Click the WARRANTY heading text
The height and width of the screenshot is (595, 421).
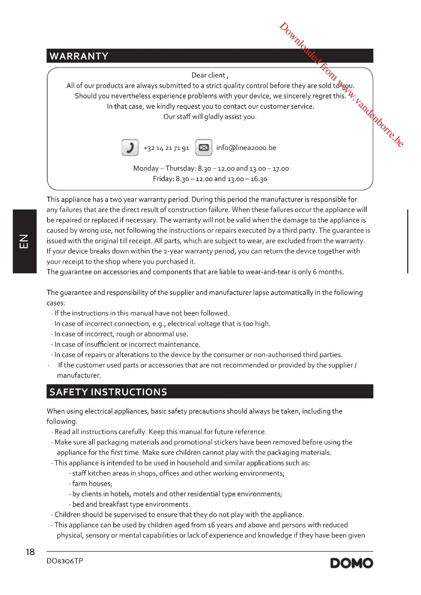pos(79,56)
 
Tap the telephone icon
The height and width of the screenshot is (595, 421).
pos(130,148)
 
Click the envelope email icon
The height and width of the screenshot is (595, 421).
pos(204,148)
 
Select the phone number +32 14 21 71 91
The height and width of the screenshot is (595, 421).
pos(166,148)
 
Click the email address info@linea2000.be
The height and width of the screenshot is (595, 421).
pos(246,148)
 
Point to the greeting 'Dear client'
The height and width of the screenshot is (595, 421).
pos(209,75)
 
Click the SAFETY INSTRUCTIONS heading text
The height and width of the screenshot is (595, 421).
pos(108,392)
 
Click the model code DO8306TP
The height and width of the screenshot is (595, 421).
pos(65,561)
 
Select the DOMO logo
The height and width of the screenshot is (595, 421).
pos(352,563)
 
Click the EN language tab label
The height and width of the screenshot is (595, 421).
pos(24,241)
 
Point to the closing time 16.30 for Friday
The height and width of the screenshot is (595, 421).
pos(259,179)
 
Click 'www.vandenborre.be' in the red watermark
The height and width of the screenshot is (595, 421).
pos(371,114)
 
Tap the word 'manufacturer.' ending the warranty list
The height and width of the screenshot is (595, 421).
pos(79,375)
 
